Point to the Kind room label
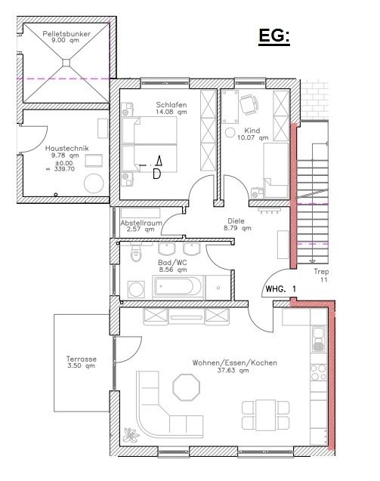(x=252, y=130)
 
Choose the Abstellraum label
(x=142, y=224)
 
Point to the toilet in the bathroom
(x=136, y=255)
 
